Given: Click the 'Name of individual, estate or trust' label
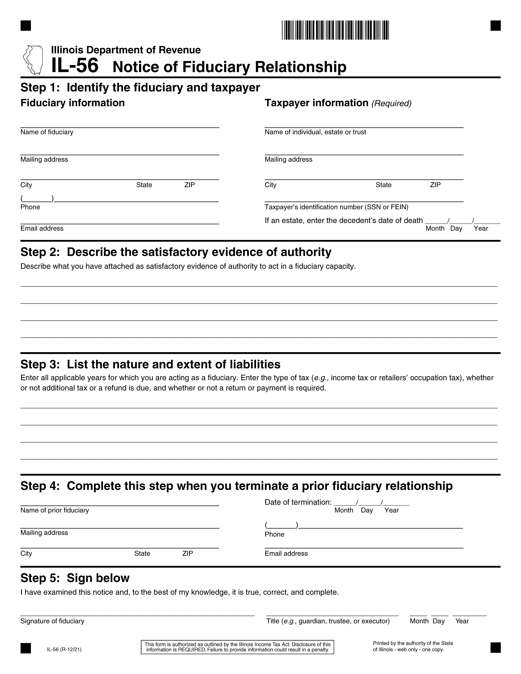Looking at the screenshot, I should pos(315,132).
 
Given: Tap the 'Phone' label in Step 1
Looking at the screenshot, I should pos(30,207).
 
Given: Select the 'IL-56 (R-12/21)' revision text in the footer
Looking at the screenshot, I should pos(64,649).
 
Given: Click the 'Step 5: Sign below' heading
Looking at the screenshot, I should pos(75,578).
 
